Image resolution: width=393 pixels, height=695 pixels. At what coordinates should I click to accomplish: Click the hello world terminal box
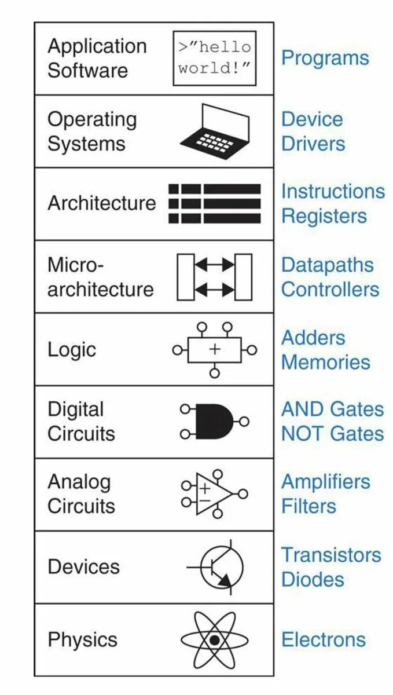coord(214,58)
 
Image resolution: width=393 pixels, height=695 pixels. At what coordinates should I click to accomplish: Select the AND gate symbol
coord(214,422)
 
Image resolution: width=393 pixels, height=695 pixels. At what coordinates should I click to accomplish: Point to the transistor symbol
coord(221,567)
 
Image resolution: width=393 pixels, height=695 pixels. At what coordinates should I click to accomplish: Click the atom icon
coord(214,640)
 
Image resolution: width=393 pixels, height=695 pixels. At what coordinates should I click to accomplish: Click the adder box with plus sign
coord(215,350)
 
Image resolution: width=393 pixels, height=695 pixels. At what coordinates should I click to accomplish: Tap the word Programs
coord(325,58)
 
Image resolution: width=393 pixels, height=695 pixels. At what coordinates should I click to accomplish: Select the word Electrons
coord(324,639)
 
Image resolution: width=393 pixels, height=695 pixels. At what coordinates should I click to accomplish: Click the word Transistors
coord(331,555)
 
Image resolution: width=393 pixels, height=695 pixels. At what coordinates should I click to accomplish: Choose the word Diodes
coord(313,579)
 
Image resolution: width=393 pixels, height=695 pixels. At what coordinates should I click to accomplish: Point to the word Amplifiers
coord(325,481)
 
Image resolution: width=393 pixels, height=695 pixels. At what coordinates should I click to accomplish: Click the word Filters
coord(308,506)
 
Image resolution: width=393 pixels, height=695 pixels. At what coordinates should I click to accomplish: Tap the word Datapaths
coord(327,265)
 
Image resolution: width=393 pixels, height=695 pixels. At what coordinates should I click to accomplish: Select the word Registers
coord(324,216)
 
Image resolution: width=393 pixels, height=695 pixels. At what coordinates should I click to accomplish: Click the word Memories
coord(325,362)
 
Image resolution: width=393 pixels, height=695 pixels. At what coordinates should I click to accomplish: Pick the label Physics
coord(82,639)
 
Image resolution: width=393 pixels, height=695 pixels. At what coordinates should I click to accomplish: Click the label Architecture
coord(102,203)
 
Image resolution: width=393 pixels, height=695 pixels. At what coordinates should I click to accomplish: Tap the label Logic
coord(71,350)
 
